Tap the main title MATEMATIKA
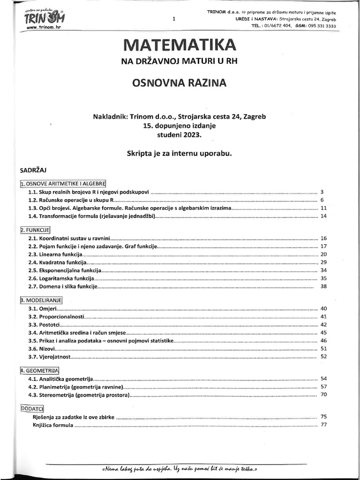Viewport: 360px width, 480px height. (178, 46)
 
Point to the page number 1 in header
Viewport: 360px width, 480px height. (174, 19)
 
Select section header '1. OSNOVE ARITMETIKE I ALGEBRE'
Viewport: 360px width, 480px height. (64, 183)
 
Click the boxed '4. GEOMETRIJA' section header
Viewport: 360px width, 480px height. (39, 370)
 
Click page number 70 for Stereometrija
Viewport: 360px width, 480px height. (323, 395)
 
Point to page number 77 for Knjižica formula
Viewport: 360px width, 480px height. (323, 425)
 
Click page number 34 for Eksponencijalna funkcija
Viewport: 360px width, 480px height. (323, 270)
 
